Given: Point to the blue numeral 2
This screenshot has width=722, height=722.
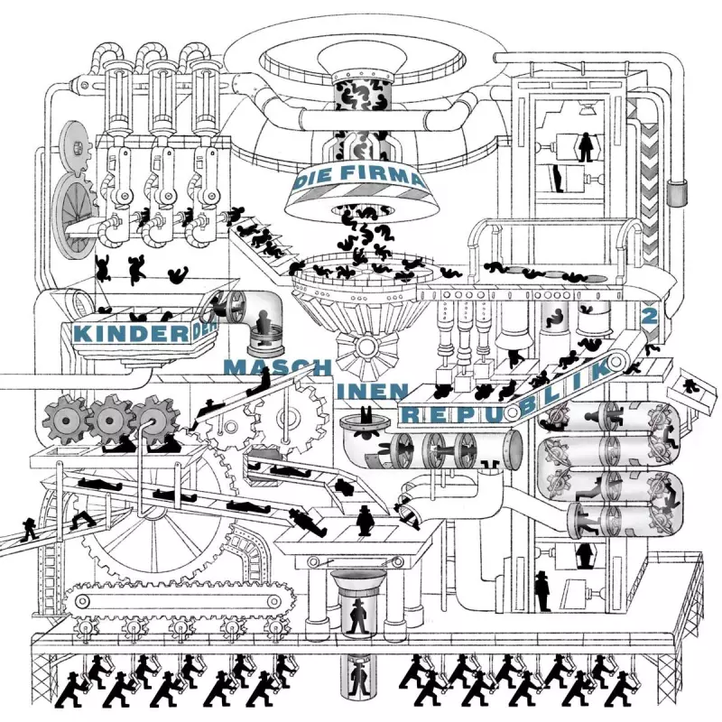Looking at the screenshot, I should [646, 318].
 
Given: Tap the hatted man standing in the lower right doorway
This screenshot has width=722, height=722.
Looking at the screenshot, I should [541, 591].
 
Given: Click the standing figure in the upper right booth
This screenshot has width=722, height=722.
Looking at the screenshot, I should [587, 144].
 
